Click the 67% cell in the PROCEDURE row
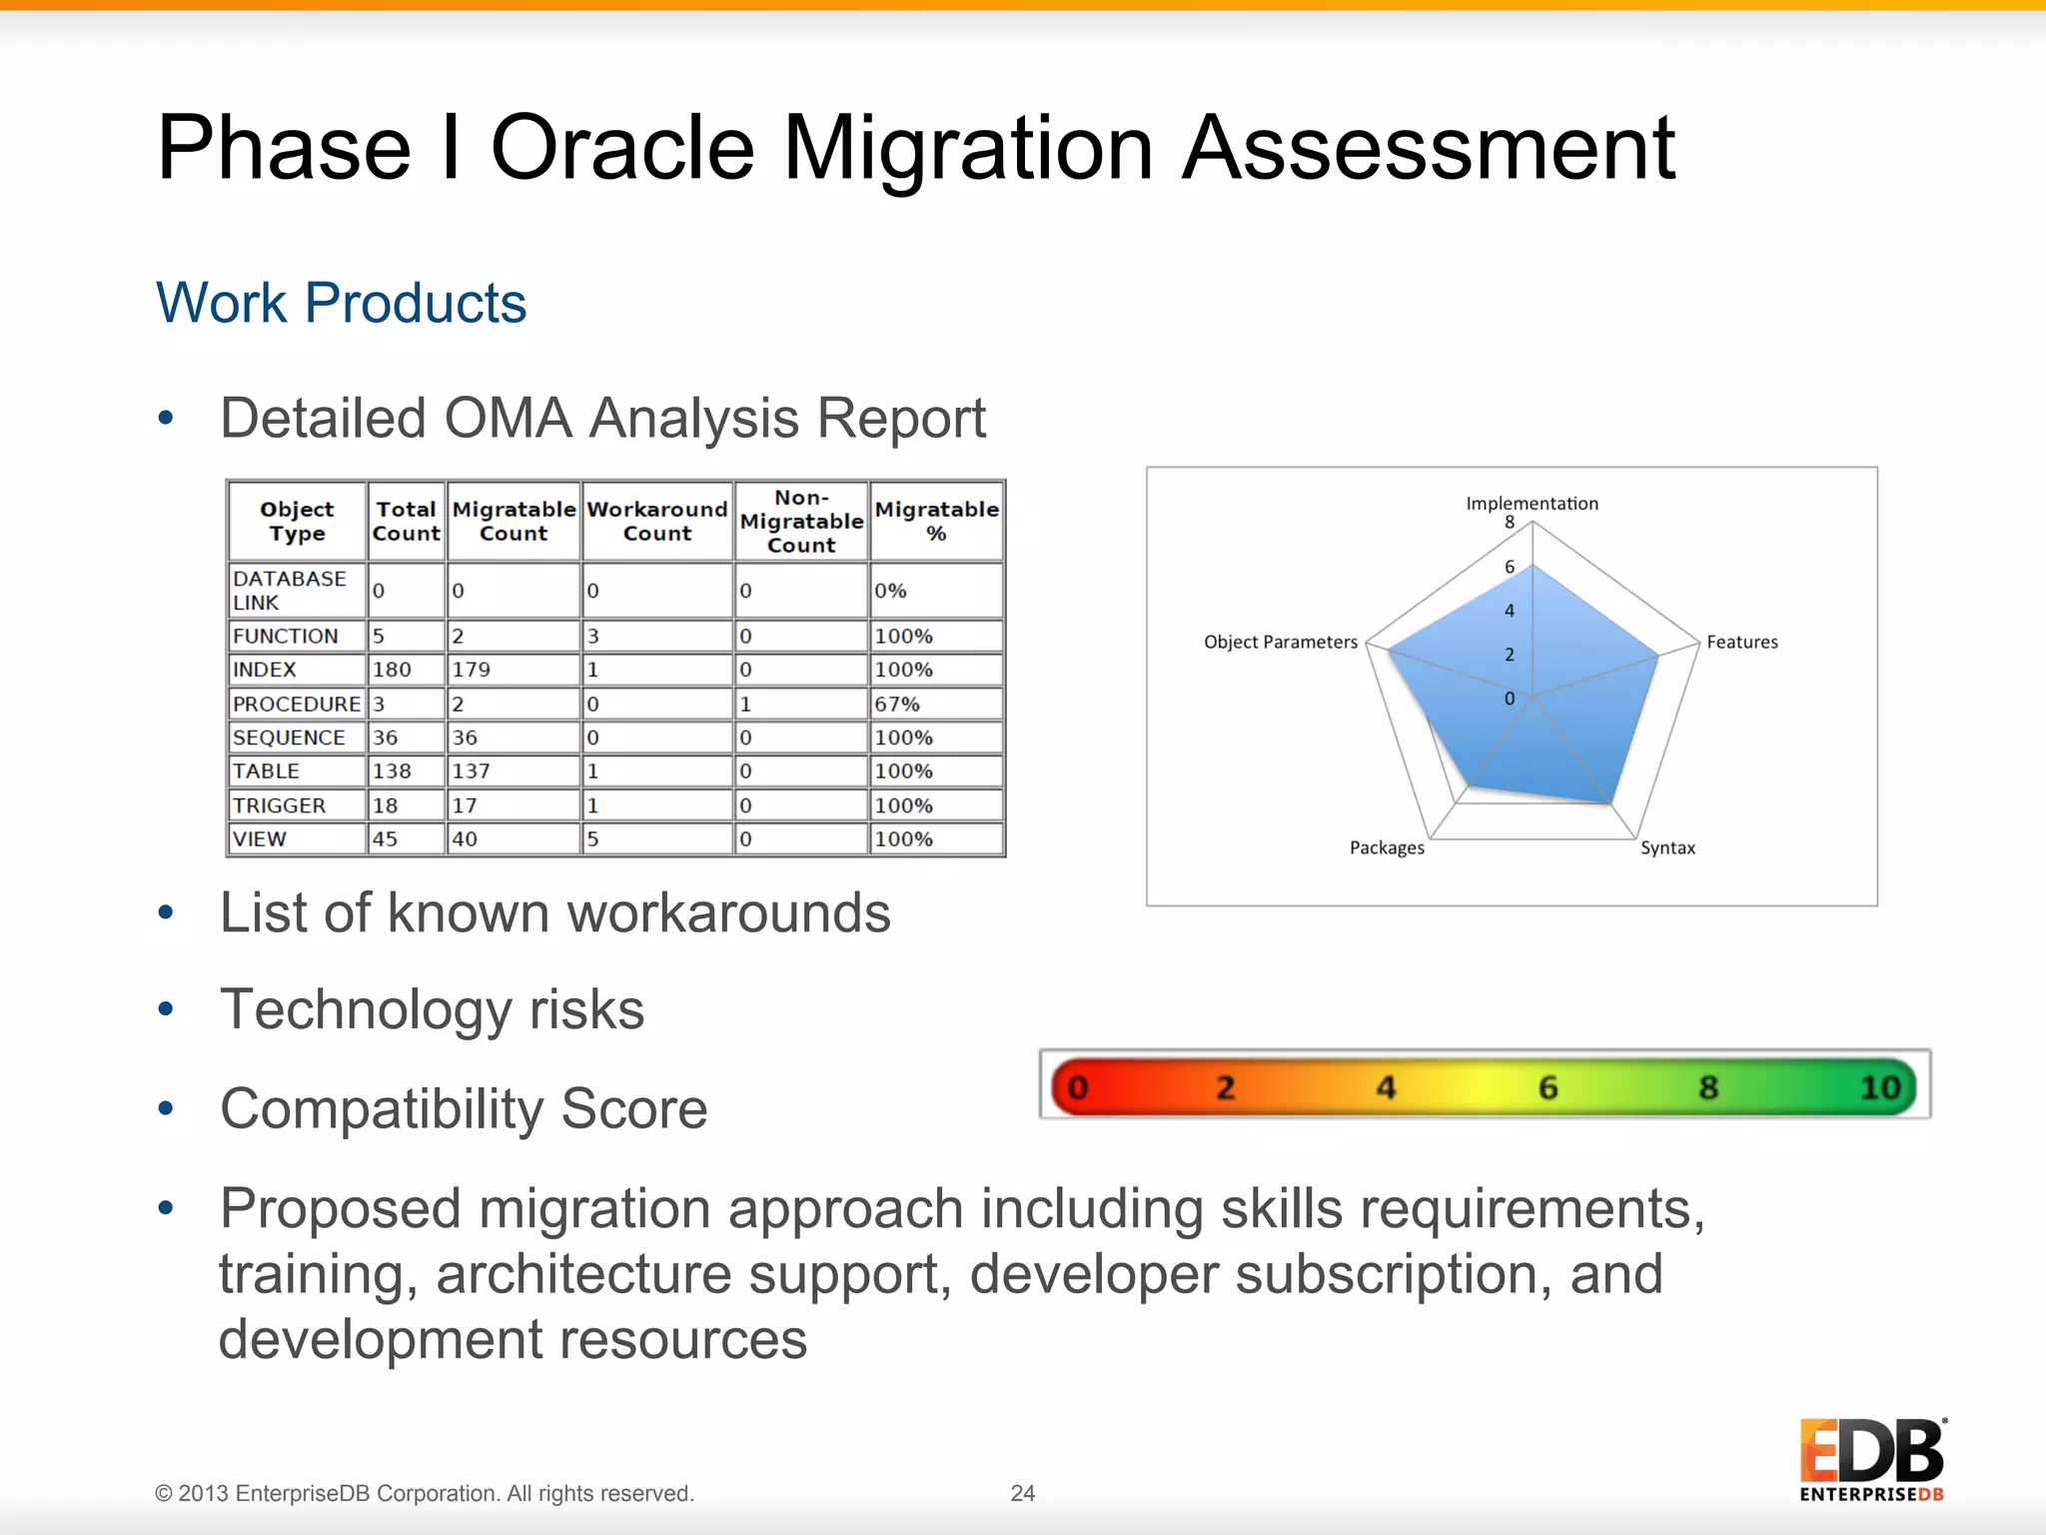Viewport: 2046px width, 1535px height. coord(896,704)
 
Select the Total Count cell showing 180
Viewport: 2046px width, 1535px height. coord(391,670)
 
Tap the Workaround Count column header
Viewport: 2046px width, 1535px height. coord(656,521)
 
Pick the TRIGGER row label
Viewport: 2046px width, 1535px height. coord(279,805)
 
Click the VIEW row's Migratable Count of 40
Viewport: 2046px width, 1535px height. coord(465,839)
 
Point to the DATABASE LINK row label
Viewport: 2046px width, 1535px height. coord(289,591)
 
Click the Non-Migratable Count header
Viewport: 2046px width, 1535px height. coord(801,521)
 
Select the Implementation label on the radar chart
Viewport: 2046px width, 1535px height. coord(1532,504)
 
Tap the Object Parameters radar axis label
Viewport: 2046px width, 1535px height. coord(1280,642)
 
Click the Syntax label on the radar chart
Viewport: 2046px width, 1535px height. coord(1667,847)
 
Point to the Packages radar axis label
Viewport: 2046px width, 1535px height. coord(1387,847)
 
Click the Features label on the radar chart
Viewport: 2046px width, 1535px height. coord(1741,642)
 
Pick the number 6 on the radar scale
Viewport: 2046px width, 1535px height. coord(1510,567)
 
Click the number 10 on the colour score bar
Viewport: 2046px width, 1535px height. coord(1879,1087)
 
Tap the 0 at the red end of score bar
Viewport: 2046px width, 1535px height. coord(1077,1087)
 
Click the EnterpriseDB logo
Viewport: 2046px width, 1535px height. coord(1871,1459)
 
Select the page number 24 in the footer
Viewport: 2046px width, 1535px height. coord(1022,1493)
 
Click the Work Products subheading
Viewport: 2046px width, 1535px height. coord(341,303)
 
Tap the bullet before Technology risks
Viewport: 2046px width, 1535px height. coord(166,1009)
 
